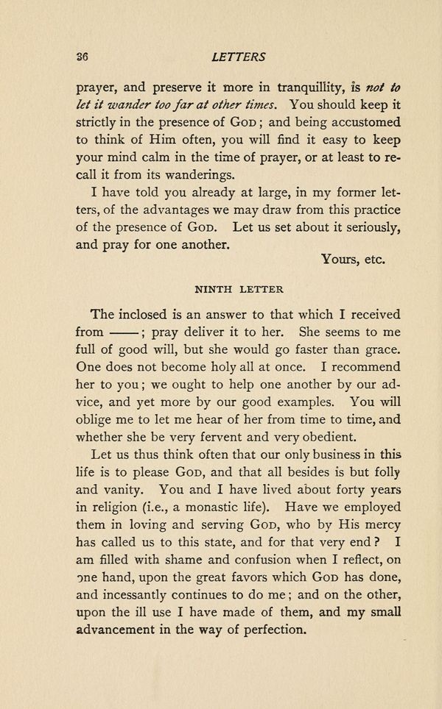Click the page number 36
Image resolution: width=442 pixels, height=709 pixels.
point(82,56)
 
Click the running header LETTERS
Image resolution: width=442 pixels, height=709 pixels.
point(237,56)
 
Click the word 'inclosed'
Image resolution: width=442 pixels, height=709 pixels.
point(155,314)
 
